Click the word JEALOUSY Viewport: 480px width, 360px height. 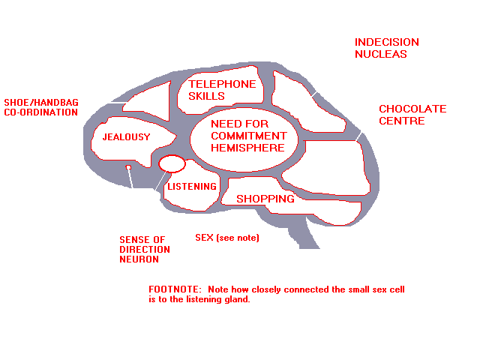coord(127,136)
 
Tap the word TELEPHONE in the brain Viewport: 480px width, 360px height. coord(222,84)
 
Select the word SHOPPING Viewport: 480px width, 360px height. coord(265,199)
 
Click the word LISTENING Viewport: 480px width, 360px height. coord(192,187)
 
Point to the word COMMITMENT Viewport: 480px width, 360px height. coord(248,136)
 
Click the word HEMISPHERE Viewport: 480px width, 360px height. coord(247,148)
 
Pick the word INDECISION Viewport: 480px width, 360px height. coord(387,42)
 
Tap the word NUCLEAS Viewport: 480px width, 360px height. coord(381,54)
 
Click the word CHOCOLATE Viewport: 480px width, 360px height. coord(412,109)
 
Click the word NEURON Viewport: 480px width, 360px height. coord(139,259)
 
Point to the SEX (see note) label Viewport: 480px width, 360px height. coord(227,238)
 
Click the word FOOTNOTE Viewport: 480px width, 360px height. coord(175,289)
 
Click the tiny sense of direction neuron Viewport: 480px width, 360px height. coord(128,167)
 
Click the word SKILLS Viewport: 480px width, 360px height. coord(206,96)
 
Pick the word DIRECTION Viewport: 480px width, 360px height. coord(145,250)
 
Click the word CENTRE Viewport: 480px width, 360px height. coord(402,121)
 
